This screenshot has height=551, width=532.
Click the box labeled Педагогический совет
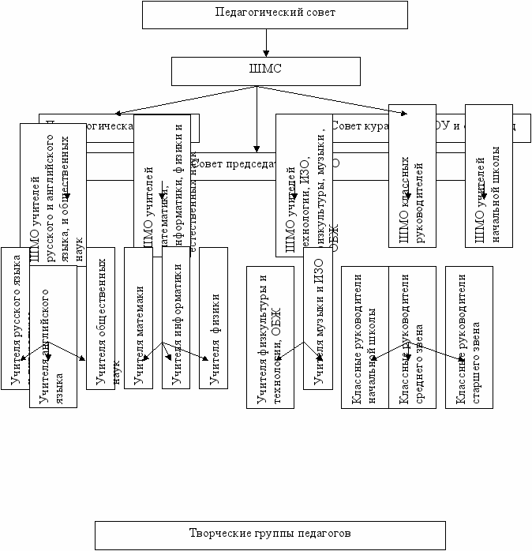coord(275,13)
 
